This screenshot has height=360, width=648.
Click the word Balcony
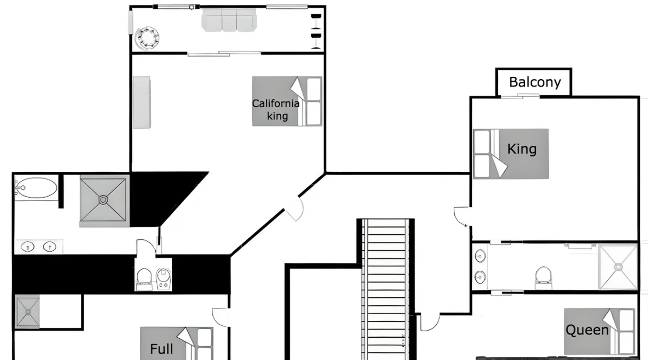coord(535,82)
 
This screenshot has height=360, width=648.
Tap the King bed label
coord(522,149)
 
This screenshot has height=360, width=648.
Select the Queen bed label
coord(587,330)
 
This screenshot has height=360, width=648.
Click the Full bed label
coord(161,349)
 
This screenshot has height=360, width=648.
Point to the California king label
coord(276,109)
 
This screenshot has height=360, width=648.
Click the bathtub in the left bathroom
coord(36,188)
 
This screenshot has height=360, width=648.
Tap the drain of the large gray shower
coord(103,200)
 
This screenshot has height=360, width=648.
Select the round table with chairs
coord(147,38)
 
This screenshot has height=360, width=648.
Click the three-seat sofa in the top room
coord(229,20)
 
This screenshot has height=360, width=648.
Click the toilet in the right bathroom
coord(543,278)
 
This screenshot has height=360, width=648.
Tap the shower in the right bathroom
coord(618,267)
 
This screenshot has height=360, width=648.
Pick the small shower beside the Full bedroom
coord(27,311)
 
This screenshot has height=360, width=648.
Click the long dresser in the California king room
coord(141,102)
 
